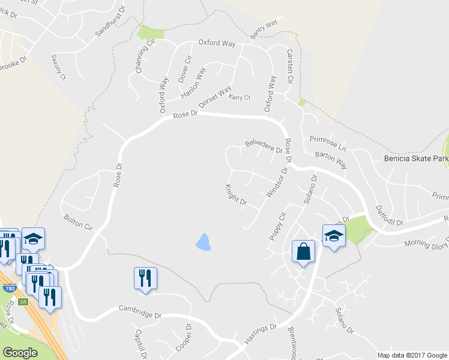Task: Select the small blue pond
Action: (x=203, y=242)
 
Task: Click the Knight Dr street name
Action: (x=236, y=194)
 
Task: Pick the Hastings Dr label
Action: (x=260, y=335)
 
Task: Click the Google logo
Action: (x=20, y=352)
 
